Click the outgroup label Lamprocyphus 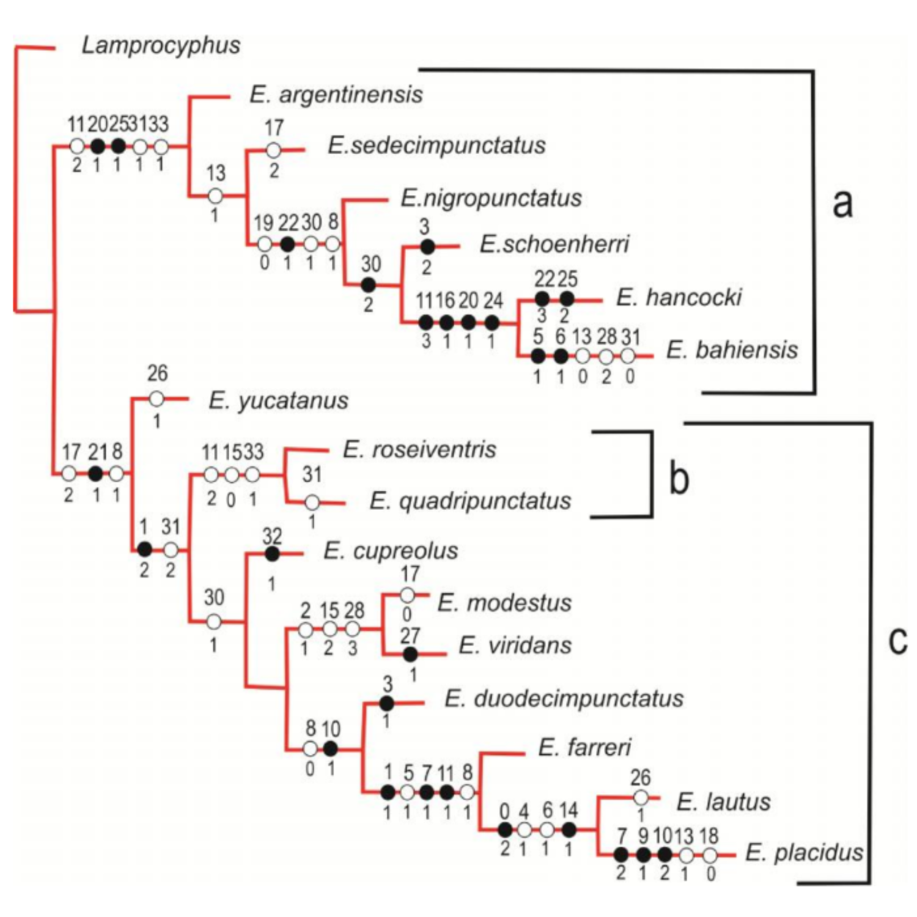pos(161,45)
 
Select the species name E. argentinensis pos(336,95)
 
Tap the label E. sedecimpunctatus pos(436,145)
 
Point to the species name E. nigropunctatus pos(491,198)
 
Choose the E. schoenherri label pos(554,244)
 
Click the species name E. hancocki pos(679,297)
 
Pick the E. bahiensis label pos(732,350)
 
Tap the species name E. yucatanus pos(278,400)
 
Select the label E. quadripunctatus pos(470,501)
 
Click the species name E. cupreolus pos(390,551)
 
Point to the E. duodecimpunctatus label pos(564,698)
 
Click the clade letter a pos(842,203)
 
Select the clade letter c pos(897,640)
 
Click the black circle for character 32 pos(272,554)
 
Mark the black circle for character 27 pos(410,654)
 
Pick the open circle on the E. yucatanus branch pos(157,399)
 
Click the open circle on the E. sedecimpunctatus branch pos(273,150)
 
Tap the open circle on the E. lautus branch pos(640,798)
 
